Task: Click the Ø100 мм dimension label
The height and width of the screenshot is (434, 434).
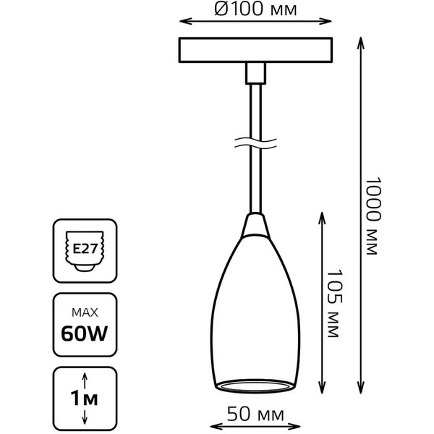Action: click(255, 9)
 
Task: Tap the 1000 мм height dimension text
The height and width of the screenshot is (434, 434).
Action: click(373, 216)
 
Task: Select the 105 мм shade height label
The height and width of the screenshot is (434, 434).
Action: click(334, 303)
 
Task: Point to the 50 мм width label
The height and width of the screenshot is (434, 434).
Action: click(255, 414)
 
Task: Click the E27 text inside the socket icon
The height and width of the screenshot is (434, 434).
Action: click(85, 249)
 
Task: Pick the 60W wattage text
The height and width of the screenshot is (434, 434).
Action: click(85, 333)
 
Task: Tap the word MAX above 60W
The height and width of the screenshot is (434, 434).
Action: click(85, 312)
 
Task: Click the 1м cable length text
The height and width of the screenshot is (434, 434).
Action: click(84, 398)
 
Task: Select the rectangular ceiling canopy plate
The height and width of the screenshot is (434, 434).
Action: click(255, 50)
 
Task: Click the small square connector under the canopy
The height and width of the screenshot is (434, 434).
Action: click(255, 73)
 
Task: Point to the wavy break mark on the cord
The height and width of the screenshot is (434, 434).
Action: click(255, 143)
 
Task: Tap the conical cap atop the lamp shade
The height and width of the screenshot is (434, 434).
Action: click(255, 224)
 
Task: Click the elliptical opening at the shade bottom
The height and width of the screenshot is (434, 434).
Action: click(255, 386)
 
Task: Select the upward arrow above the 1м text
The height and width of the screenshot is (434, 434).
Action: click(85, 380)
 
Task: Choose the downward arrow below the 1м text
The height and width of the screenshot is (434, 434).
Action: click(85, 417)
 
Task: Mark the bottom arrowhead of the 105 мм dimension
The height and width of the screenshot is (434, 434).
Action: click(322, 388)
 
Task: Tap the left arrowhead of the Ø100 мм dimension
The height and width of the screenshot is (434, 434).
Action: click(185, 21)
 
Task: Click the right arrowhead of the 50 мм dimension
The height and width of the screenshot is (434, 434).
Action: click(294, 427)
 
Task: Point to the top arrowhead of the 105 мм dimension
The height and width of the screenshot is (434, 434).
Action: click(322, 218)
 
